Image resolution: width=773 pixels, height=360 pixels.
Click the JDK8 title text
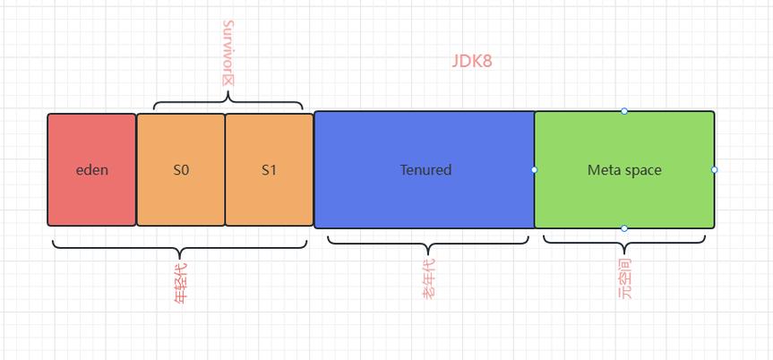(x=472, y=61)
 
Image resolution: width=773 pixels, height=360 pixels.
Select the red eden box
(x=91, y=169)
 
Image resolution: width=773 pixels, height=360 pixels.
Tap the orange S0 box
(x=181, y=169)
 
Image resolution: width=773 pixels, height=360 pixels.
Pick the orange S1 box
(x=270, y=169)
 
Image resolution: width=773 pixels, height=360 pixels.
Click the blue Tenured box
(x=425, y=169)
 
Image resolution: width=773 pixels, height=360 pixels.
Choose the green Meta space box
(x=624, y=169)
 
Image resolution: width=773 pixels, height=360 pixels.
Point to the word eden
(x=91, y=170)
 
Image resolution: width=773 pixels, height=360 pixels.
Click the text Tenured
(x=426, y=170)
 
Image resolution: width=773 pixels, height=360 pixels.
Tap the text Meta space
(x=624, y=171)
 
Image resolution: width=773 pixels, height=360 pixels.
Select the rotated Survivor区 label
(x=228, y=53)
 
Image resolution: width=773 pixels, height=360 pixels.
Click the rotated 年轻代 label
(x=180, y=283)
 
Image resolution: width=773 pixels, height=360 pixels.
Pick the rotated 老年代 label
(x=428, y=279)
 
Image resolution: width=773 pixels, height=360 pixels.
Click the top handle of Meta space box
(x=624, y=111)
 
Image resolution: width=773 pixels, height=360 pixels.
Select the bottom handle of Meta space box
(x=624, y=228)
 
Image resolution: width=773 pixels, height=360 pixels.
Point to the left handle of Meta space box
(x=535, y=169)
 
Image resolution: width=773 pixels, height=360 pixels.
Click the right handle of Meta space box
(x=715, y=169)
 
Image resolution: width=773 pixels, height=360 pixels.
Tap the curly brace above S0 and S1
(x=228, y=101)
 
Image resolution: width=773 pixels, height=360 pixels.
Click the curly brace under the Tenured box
(x=428, y=244)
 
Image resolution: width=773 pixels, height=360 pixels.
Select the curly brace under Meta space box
(x=624, y=243)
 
